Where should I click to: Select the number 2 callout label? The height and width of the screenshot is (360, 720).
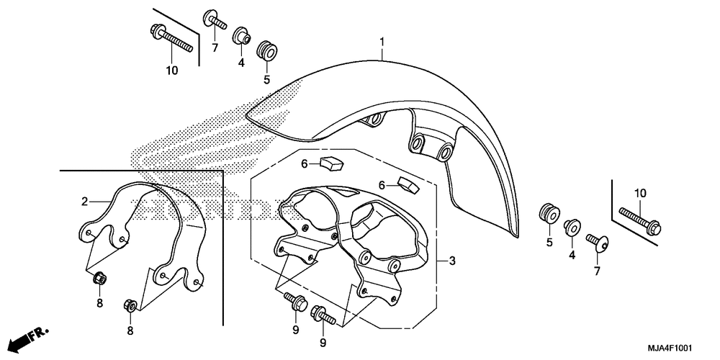[x=84, y=202]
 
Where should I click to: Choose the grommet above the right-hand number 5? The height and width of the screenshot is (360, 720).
[x=549, y=214]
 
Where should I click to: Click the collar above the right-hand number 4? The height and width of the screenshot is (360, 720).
[x=573, y=226]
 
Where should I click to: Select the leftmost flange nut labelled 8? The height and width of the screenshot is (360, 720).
[x=100, y=278]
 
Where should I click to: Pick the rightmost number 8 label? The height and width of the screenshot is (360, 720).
[x=130, y=331]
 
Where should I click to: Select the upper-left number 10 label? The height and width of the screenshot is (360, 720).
[x=171, y=70]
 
